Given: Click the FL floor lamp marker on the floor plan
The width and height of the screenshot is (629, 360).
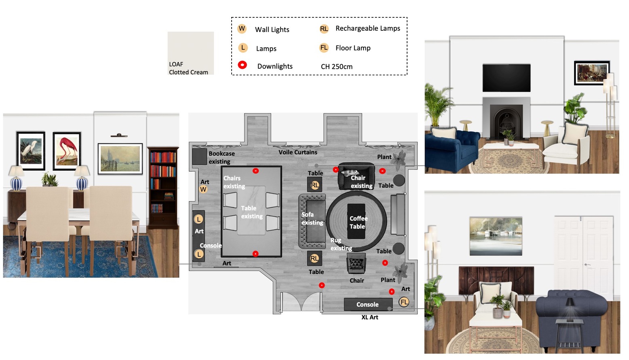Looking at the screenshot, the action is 404,302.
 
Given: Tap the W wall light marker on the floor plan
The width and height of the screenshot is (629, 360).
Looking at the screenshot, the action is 203,189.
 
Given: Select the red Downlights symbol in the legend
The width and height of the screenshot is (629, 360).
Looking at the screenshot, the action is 242,65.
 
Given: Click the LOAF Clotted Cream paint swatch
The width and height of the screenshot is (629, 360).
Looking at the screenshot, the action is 191,53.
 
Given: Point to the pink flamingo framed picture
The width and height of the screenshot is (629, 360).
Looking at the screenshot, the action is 67,151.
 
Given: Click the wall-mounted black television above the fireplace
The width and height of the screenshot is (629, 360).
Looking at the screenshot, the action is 507,78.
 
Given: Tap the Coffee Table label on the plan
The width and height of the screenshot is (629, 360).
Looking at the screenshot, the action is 358,222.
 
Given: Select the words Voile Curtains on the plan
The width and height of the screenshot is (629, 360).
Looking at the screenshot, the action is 298,152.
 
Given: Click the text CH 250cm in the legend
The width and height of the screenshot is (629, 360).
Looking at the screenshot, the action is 337,67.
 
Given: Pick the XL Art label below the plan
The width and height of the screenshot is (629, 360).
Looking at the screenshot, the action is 369,317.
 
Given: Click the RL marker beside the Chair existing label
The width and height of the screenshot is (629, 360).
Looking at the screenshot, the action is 315,185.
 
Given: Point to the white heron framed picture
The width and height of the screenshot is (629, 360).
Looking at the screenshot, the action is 31,151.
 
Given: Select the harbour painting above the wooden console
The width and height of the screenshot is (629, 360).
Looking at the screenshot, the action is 496,236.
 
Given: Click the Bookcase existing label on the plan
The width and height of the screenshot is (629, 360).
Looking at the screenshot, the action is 222,157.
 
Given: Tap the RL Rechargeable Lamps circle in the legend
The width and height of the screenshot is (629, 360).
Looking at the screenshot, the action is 324,29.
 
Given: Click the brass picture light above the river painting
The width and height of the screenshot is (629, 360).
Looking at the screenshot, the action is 119,136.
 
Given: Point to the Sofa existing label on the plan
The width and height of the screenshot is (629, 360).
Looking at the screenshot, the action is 312,218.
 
